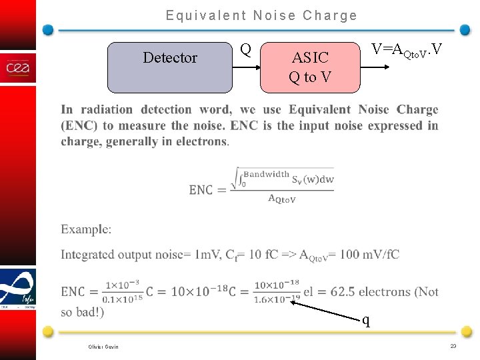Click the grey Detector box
coord(170,67)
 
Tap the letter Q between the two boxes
coord(245,50)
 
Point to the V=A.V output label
coord(407,50)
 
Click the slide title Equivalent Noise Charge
coord(261,15)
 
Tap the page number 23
coord(453,346)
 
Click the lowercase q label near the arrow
coord(366,320)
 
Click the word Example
coord(85,229)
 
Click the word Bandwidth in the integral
coord(266,174)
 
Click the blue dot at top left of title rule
coord(48,30)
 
